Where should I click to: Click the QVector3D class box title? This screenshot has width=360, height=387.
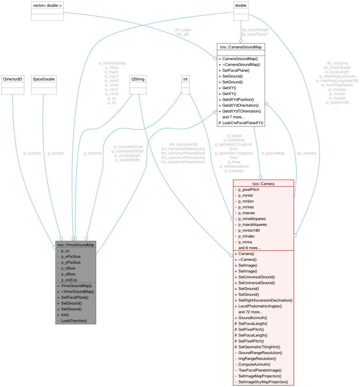coord(13,79)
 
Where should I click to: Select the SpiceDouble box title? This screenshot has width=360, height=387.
coord(44,79)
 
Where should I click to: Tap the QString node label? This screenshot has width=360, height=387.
coord(138,79)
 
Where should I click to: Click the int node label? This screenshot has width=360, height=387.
coord(185,79)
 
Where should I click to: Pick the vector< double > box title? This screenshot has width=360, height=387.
coord(47,6)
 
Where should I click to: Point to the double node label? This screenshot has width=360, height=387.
coord(241,6)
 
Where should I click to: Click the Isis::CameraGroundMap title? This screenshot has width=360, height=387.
coord(241,47)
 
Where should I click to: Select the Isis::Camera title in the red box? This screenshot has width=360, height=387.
coord(263,184)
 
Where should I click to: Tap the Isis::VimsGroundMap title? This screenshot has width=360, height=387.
coord(76,245)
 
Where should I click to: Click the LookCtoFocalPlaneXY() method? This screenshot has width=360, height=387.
coord(243,123)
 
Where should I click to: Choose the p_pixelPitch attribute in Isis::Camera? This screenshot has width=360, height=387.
coord(249,190)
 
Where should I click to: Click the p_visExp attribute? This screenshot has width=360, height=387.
coord(69,280)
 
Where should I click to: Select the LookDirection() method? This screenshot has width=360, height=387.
coord(74,321)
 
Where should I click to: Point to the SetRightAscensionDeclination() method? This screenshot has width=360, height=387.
coord(265,300)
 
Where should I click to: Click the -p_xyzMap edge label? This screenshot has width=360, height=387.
coord(32,153)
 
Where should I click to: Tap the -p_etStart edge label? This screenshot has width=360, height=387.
coord(55,153)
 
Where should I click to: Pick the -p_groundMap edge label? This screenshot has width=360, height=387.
coord(272,153)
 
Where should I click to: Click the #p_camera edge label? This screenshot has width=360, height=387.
coord(306,153)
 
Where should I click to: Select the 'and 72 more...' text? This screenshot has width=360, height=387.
coord(250,312)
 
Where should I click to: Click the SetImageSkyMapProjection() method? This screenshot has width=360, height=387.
coord(263,382)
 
